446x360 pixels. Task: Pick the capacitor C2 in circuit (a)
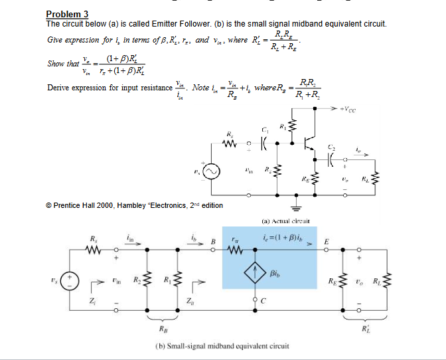[331, 159]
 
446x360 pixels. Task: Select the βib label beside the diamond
[277, 273]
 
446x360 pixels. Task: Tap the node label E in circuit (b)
[326, 242]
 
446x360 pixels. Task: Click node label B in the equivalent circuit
[214, 242]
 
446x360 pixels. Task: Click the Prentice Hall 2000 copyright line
[134, 205]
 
